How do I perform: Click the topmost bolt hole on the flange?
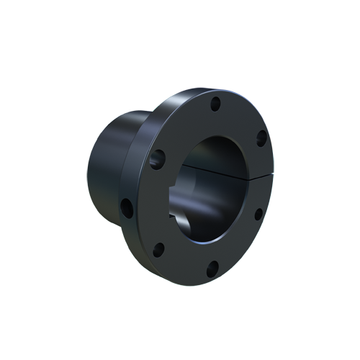pos(215,105)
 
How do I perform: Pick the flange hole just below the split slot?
pos(258,213)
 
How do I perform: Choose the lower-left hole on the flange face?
pos(158,250)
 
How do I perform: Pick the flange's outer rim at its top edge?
pos(209,91)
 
